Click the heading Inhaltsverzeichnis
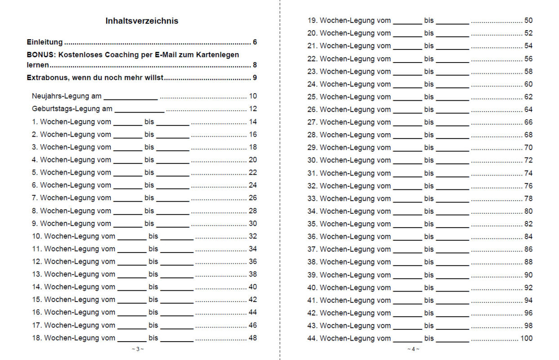tap(142, 21)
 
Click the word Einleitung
tap(45, 42)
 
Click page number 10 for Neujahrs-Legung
tap(253, 96)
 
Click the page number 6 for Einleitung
tap(255, 42)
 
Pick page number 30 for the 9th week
tap(253, 223)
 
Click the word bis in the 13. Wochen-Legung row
tap(153, 274)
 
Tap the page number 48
tap(253, 337)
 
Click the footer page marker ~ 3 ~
tap(138, 349)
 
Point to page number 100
tap(526, 338)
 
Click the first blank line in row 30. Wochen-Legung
tap(407, 161)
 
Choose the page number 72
tap(528, 160)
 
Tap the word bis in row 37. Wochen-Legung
tap(429, 249)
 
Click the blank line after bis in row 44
tap(452, 339)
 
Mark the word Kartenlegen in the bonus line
tap(218, 54)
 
